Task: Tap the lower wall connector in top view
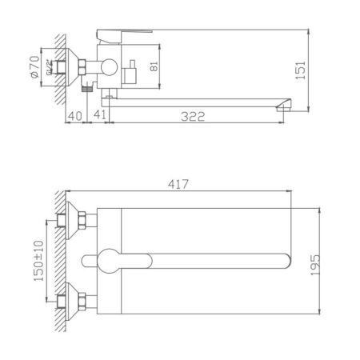[x=80, y=300]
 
